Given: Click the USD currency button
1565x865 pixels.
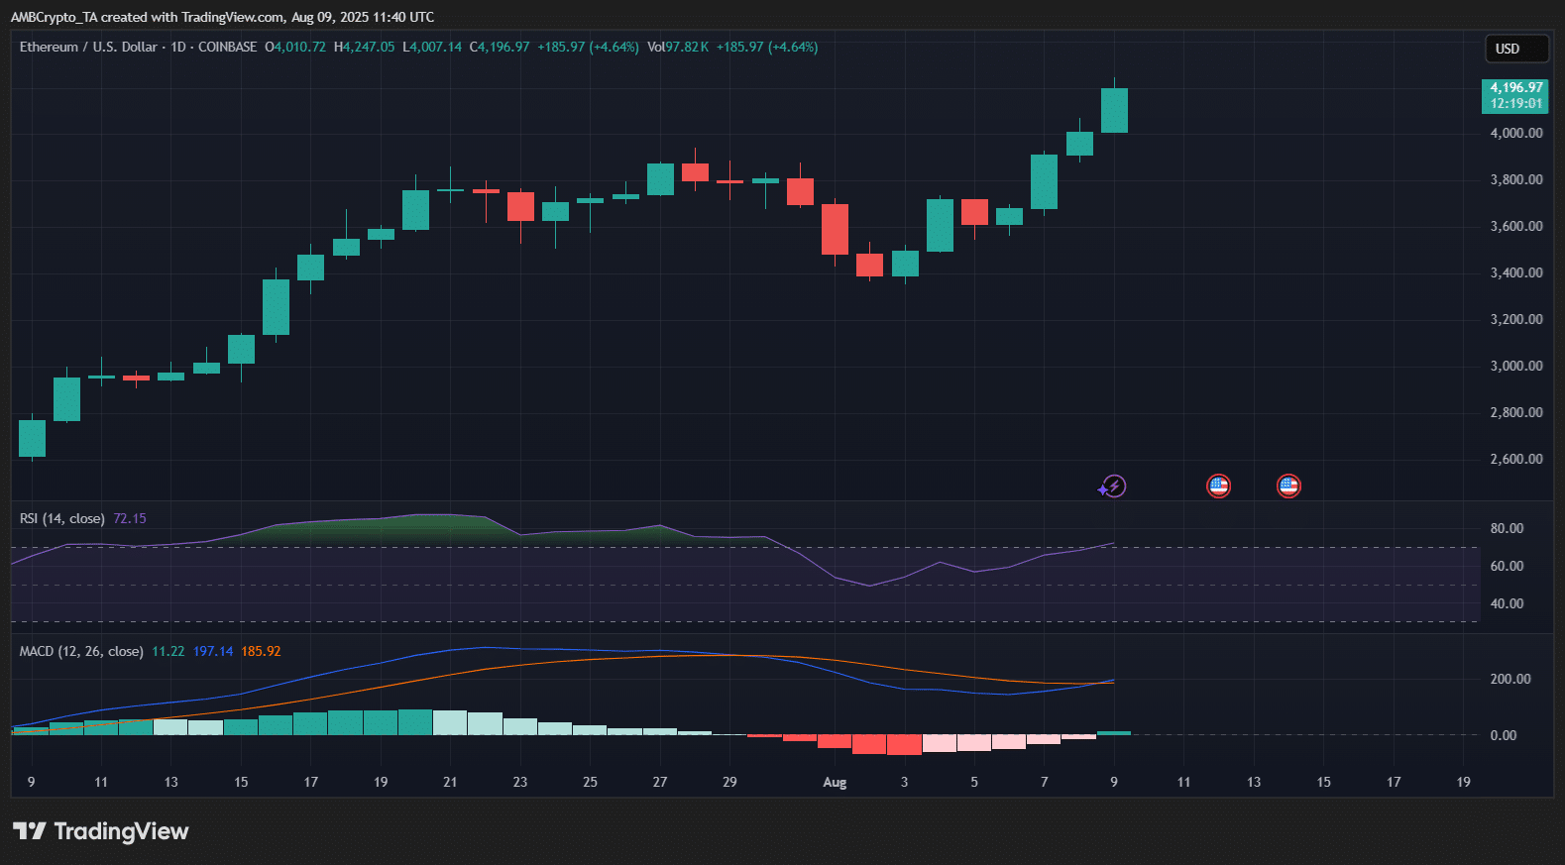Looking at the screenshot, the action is [1516, 49].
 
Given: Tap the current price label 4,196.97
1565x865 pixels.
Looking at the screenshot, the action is [1515, 87].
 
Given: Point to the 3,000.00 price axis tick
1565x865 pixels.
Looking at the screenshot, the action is [1516, 367].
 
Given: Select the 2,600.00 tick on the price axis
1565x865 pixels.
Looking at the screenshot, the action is [1516, 459].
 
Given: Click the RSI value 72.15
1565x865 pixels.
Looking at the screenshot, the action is [129, 518].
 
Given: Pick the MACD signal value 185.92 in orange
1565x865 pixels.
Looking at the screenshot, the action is [261, 651].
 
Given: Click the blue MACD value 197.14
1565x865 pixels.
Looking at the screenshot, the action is [213, 651].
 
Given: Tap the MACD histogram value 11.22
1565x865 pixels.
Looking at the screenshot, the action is [168, 651].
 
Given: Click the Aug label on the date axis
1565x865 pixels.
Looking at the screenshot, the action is [835, 782].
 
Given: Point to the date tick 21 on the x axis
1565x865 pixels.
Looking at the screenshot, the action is [450, 782].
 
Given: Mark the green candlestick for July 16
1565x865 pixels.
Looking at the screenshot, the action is [276, 307].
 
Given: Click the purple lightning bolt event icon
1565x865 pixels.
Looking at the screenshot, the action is [1112, 487].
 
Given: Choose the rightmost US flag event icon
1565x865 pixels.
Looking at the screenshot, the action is [1288, 487].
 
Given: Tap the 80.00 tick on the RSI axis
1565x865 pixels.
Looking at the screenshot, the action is [1507, 528].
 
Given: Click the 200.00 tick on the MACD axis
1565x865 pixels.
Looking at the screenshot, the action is [1510, 679].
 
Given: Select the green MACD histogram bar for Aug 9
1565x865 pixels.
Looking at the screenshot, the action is [1114, 733].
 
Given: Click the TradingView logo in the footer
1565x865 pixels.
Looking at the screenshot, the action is [101, 831].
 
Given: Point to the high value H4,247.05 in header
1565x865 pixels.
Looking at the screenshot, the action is [364, 47].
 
